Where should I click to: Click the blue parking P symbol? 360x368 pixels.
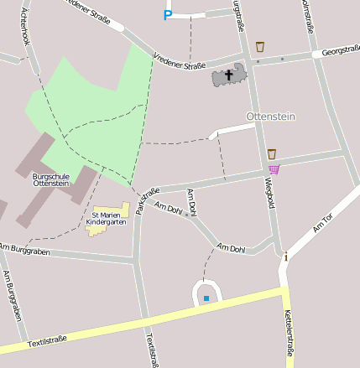167,14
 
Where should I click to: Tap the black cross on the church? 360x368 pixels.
228,75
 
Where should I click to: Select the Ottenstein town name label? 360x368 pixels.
270,115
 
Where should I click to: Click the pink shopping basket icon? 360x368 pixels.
274,168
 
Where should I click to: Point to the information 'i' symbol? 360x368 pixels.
285,257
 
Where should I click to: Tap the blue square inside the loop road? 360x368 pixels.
206,298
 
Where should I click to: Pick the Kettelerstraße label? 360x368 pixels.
290,333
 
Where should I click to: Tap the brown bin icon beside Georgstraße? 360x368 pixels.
260,47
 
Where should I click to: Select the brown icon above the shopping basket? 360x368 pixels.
271,153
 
